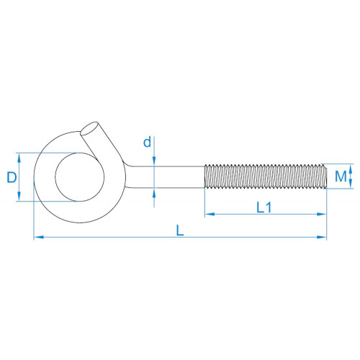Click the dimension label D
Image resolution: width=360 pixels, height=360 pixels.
tap(12, 177)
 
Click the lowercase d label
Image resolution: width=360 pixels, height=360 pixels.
tap(147, 142)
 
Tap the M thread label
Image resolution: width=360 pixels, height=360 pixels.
tap(341, 176)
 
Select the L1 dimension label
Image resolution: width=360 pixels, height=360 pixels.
tap(264, 207)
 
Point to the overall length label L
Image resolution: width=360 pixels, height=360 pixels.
tap(180, 230)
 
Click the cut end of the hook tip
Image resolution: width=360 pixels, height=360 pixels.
tap(89, 129)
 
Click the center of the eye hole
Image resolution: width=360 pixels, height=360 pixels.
tap(80, 177)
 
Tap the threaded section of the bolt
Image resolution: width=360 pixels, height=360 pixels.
tap(266, 176)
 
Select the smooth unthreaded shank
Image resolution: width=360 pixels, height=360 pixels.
tap(166, 177)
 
